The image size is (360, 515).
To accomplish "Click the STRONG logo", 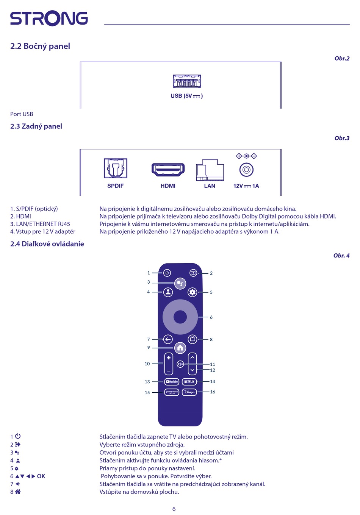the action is pyautogui.click(x=49, y=19).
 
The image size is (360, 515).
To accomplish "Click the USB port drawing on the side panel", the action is pyautogui.click(x=187, y=81).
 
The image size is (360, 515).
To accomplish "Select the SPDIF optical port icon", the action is pyautogui.click(x=116, y=168).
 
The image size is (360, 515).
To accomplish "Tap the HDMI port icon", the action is pyautogui.click(x=168, y=169).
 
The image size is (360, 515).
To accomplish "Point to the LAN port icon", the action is pyautogui.click(x=210, y=170).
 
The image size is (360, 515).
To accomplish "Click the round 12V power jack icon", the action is pyautogui.click(x=246, y=170).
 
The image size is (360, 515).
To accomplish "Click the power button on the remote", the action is pyautogui.click(x=167, y=273).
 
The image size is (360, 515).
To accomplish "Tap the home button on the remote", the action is pyautogui.click(x=180, y=347).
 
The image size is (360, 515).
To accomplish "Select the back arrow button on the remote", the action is pyautogui.click(x=168, y=339).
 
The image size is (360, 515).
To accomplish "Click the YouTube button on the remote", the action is pyautogui.click(x=172, y=382).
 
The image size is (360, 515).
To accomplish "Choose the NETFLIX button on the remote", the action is pyautogui.click(x=189, y=382).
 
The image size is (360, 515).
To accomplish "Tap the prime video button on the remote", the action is pyautogui.click(x=172, y=392).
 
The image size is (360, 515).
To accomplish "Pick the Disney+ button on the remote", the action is pyautogui.click(x=189, y=392).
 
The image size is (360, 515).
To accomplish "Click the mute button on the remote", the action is pyautogui.click(x=180, y=364).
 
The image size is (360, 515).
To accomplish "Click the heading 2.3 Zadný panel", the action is pyautogui.click(x=36, y=126).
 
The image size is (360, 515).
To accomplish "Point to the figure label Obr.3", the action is pyautogui.click(x=342, y=138).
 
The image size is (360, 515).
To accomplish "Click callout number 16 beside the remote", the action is pyautogui.click(x=213, y=392).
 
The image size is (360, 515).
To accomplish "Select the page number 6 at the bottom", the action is pyautogui.click(x=174, y=509).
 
